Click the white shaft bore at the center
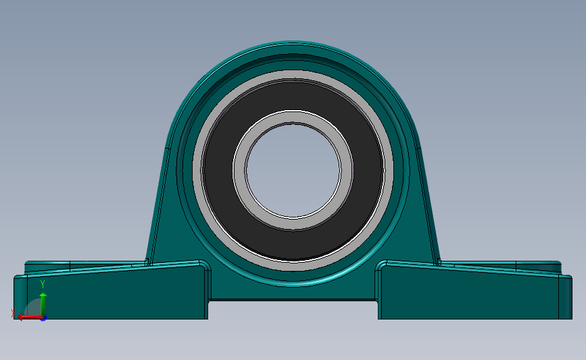(x=293, y=170)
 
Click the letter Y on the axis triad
(x=43, y=284)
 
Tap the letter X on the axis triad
(x=14, y=313)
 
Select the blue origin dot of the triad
(x=43, y=317)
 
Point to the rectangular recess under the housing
(x=293, y=309)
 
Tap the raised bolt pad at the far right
(x=539, y=265)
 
